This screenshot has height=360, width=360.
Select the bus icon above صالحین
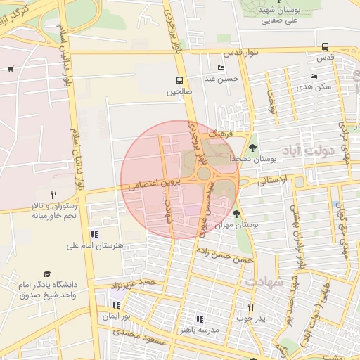(179, 79)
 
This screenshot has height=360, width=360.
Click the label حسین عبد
(222, 79)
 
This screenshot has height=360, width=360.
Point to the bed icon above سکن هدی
(313, 76)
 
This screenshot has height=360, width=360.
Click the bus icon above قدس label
(325, 46)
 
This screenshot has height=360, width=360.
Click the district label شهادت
(264, 281)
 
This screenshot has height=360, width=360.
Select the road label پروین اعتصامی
(155, 185)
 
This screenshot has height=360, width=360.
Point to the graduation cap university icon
(47, 274)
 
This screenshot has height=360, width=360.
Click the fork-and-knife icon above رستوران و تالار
(53, 195)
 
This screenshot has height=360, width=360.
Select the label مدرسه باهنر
(200, 329)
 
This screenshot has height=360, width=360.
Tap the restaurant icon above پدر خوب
(250, 307)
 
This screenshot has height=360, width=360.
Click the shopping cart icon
(11, 68)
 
